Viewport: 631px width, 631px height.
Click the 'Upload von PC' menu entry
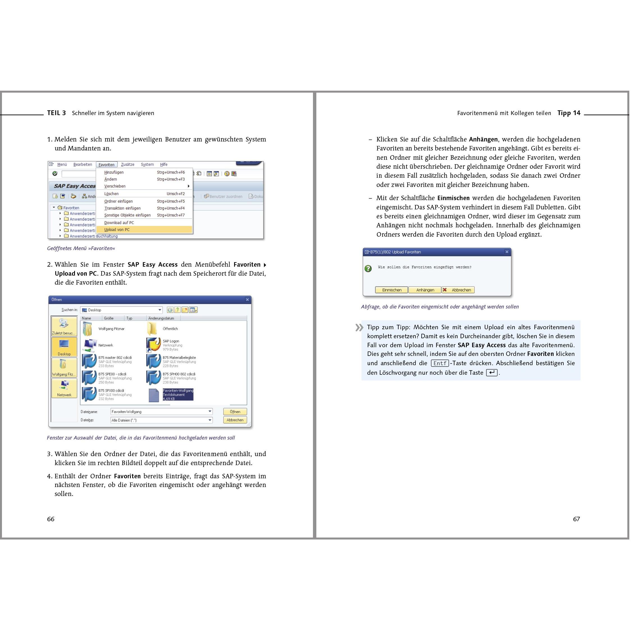point(117,230)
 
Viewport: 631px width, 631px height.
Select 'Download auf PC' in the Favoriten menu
point(119,222)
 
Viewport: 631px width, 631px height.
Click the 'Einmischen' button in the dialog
point(391,290)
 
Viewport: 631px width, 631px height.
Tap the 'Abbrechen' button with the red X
point(458,290)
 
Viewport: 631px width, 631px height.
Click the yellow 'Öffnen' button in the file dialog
point(235,411)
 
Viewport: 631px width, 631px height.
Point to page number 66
point(51,519)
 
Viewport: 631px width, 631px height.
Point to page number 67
point(576,519)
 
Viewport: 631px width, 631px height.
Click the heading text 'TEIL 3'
point(56,113)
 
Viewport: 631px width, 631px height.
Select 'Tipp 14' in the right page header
point(569,113)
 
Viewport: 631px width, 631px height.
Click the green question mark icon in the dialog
point(368,268)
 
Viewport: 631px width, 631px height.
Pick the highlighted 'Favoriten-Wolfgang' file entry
point(178,395)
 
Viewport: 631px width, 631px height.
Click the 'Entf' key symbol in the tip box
point(440,363)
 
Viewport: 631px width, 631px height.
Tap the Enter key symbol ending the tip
point(491,373)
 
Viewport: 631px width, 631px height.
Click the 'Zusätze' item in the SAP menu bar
point(127,164)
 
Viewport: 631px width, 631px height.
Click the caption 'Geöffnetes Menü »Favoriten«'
point(81,248)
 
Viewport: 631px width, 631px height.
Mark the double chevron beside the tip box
point(359,328)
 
